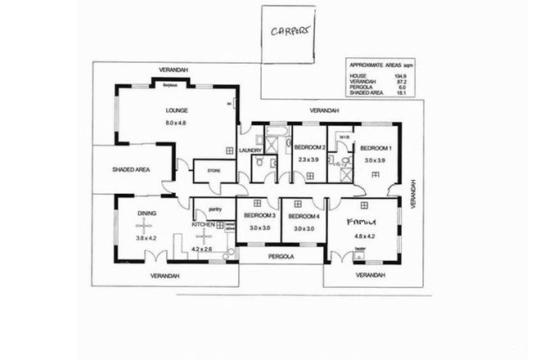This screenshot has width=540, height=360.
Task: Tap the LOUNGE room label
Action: [x=178, y=110]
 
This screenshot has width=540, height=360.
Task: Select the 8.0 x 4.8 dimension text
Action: [x=178, y=123]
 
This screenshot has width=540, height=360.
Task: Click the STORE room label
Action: [x=214, y=171]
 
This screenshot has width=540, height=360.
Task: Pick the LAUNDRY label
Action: [x=250, y=150]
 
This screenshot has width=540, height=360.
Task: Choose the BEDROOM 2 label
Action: [x=311, y=147]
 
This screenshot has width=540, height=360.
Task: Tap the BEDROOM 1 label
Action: [x=378, y=147]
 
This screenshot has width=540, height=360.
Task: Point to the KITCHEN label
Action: [x=203, y=224]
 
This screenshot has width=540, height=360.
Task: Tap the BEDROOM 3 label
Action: [x=257, y=215]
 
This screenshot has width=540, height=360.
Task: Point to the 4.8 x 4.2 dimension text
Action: [x=363, y=237]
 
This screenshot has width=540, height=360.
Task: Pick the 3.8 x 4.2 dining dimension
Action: [x=146, y=238]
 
